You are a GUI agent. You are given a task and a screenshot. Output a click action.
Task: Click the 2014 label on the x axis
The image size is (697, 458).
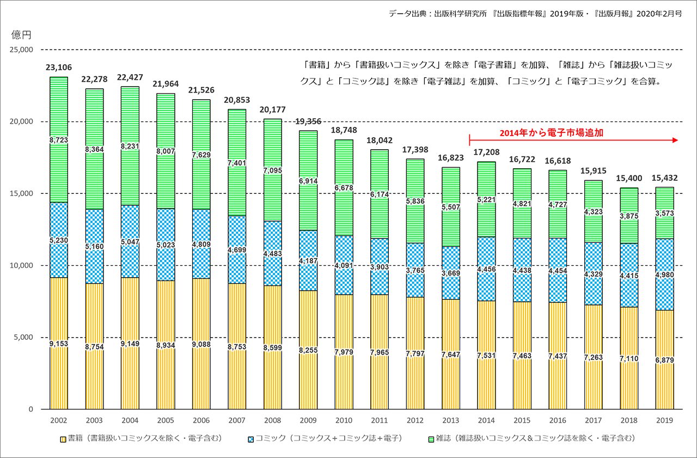click(486, 420)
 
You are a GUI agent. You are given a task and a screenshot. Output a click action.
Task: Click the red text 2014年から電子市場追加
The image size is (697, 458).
click(552, 132)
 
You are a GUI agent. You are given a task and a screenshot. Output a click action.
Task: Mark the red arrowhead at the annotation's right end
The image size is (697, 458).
click(675, 141)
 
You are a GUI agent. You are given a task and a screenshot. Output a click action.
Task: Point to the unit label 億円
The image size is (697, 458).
click(22, 35)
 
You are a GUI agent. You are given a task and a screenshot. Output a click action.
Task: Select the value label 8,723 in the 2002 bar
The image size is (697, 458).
click(59, 140)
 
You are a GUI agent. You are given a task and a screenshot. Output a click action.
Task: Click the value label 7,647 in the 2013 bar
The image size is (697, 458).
click(450, 355)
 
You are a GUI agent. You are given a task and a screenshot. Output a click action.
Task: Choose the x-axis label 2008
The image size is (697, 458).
click(272, 420)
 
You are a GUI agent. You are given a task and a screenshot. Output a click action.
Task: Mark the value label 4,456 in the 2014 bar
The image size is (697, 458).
click(486, 268)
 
